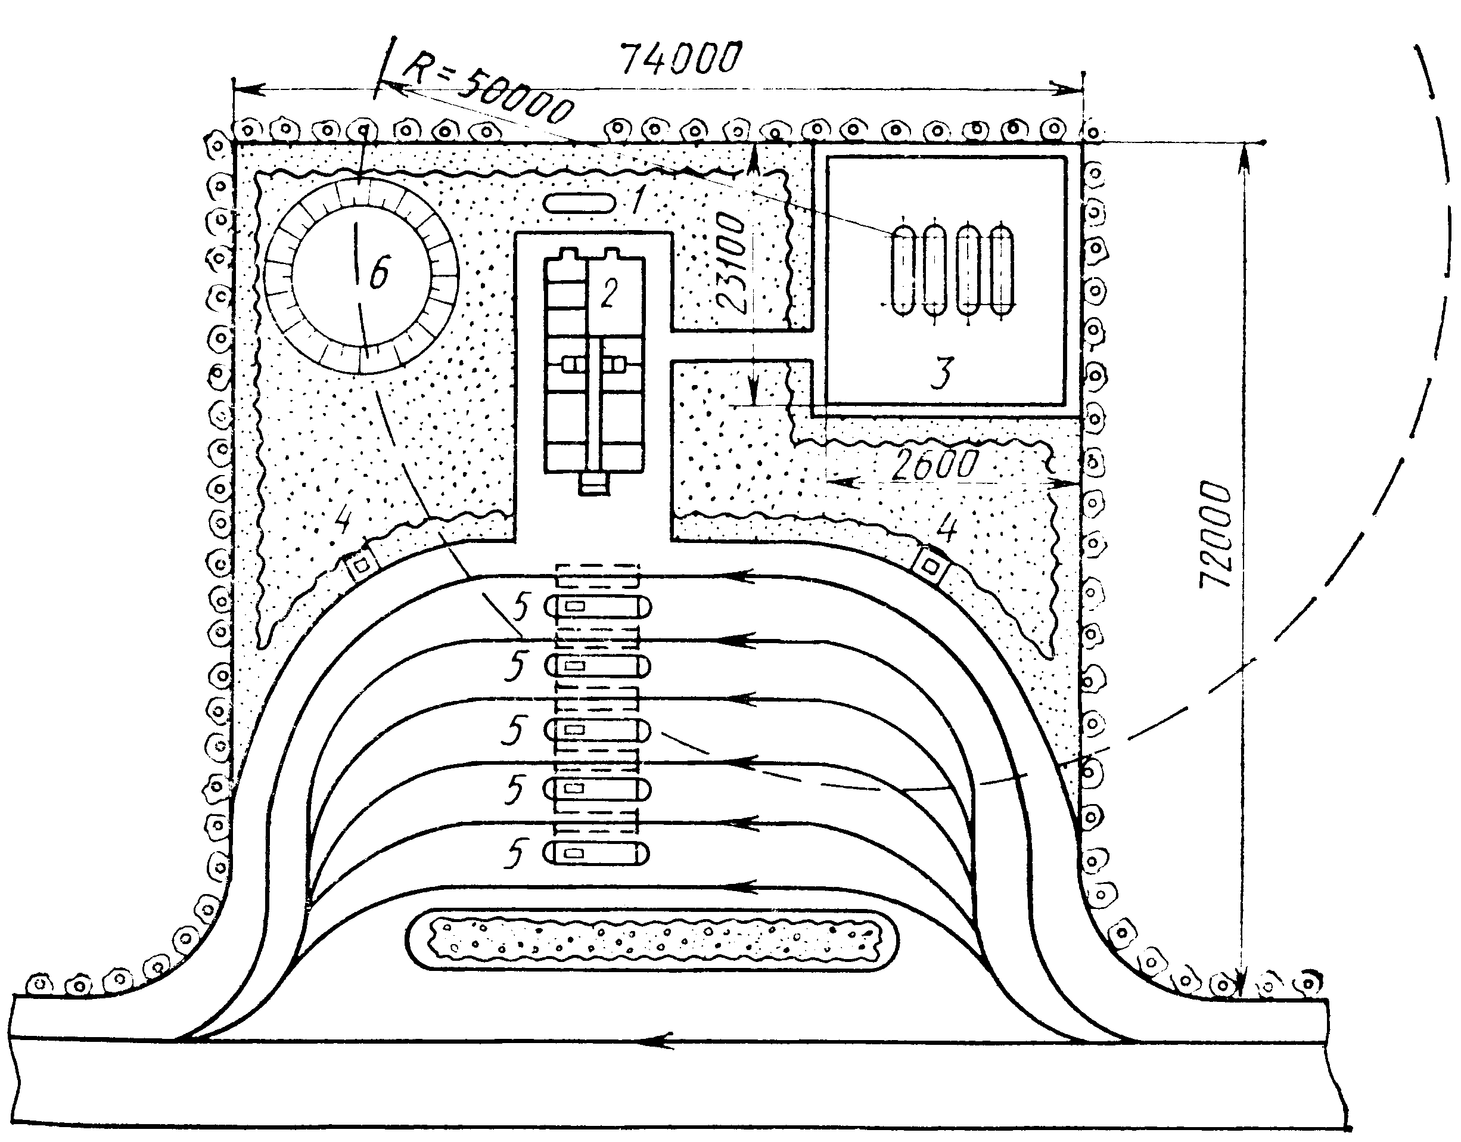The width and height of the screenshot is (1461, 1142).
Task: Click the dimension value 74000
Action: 681,59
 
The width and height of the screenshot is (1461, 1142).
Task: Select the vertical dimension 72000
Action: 1215,536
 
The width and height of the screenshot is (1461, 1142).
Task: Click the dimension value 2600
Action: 936,464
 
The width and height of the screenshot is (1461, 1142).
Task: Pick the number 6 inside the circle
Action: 378,272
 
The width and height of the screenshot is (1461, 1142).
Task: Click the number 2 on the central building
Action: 608,293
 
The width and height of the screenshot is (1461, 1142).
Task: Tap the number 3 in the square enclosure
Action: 942,373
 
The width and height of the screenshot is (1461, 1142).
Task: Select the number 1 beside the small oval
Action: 639,198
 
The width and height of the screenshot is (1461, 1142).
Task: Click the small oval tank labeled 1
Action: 579,203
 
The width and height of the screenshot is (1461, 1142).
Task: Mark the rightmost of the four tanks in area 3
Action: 1002,269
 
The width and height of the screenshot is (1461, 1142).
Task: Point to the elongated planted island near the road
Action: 652,939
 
